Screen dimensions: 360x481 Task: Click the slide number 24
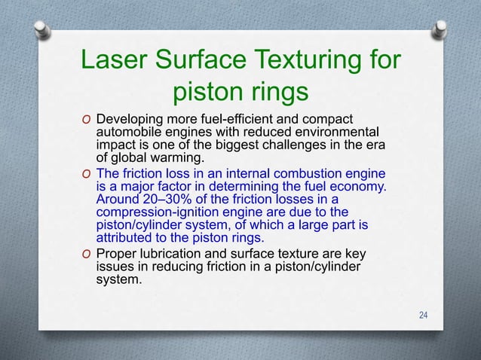click(x=423, y=314)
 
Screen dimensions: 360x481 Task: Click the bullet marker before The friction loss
click(x=87, y=175)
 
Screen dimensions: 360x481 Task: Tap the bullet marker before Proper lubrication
click(x=87, y=254)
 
